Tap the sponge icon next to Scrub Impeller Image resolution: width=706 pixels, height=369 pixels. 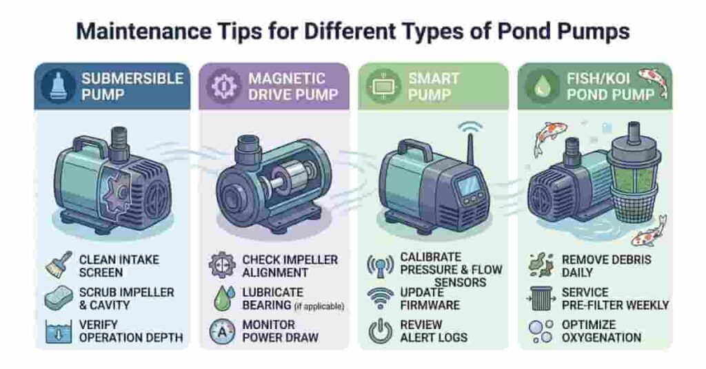[x=58, y=298]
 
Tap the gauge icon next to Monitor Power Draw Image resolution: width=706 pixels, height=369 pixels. [x=222, y=331]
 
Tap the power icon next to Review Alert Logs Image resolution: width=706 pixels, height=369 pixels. [x=381, y=331]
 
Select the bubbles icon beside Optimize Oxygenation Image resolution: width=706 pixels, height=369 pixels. [x=542, y=331]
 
